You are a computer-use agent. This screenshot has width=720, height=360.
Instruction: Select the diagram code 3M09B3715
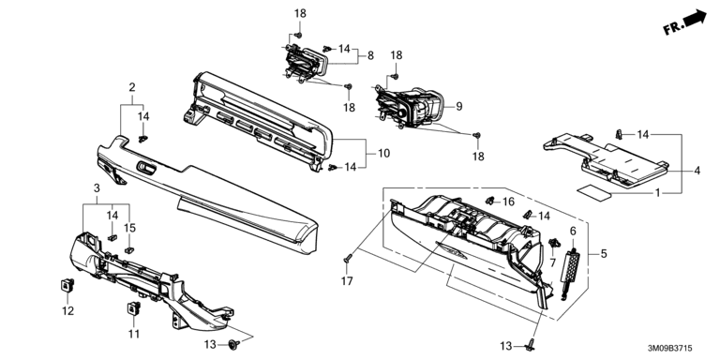coord(670,349)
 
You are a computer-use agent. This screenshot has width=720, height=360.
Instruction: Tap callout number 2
coord(132,87)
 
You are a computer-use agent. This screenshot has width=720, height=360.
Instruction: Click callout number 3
coord(97,187)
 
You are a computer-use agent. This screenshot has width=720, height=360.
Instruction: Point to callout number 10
coord(384,153)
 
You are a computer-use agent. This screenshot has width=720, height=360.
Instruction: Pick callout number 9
coord(459,107)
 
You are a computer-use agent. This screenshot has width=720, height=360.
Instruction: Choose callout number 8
coord(370,55)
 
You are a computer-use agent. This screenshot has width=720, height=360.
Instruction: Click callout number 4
coord(697,171)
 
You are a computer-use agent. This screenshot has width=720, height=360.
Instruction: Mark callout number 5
coord(604,253)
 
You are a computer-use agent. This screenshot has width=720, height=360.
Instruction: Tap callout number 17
coord(347,280)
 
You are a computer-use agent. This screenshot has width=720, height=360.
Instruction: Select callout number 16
coord(509,202)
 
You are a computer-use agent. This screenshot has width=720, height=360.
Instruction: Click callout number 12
coord(67,311)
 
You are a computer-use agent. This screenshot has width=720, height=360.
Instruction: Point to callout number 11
coord(134,334)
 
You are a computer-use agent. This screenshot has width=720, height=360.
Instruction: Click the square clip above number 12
coord(67,285)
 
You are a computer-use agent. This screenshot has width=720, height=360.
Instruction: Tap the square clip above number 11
coord(134,308)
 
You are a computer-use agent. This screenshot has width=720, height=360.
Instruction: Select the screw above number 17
coord(347,260)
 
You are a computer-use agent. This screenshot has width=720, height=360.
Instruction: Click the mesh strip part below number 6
coord(568,274)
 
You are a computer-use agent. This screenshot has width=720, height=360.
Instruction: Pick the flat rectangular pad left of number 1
coord(594,192)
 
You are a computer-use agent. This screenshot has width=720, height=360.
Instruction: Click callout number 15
coord(130,228)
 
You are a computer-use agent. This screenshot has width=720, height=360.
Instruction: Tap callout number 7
coord(552,262)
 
